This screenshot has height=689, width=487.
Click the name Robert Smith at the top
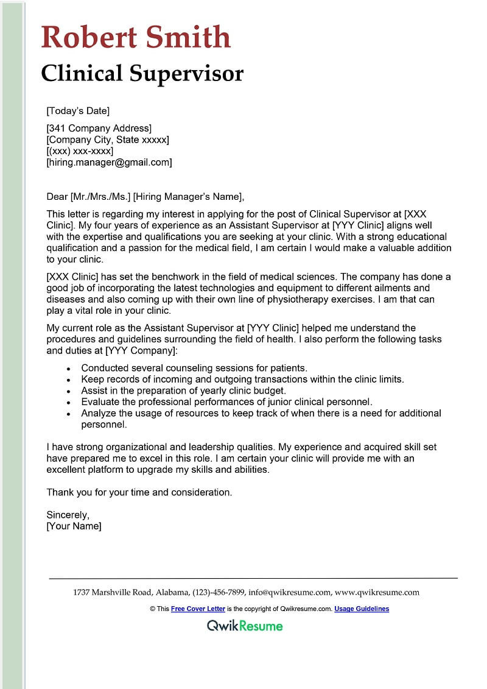tap(136, 37)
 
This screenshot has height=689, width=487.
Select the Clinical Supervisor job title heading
tap(142, 73)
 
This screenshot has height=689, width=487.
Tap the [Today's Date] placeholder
tap(78, 111)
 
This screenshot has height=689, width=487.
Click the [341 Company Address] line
tap(99, 128)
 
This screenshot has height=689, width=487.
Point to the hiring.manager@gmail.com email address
tap(110, 162)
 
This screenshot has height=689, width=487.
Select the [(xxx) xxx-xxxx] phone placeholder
tap(80, 150)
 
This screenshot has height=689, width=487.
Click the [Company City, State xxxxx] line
tap(108, 140)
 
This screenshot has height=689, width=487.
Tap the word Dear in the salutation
tap(57, 196)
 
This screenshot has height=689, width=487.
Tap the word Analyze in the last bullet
tap(99, 413)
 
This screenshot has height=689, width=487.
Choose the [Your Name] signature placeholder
tap(74, 526)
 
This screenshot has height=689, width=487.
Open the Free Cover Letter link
tap(198, 609)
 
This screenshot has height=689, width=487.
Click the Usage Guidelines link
tap(362, 609)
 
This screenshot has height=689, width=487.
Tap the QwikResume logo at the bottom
tap(245, 625)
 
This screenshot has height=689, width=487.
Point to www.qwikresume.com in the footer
tap(377, 592)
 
